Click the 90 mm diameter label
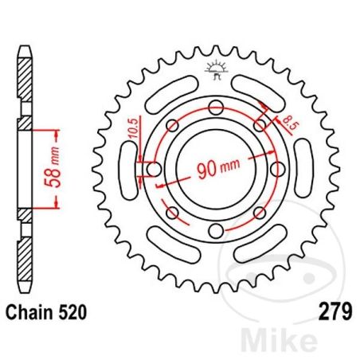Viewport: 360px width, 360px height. (211, 169)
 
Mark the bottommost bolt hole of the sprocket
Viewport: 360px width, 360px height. (213, 231)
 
